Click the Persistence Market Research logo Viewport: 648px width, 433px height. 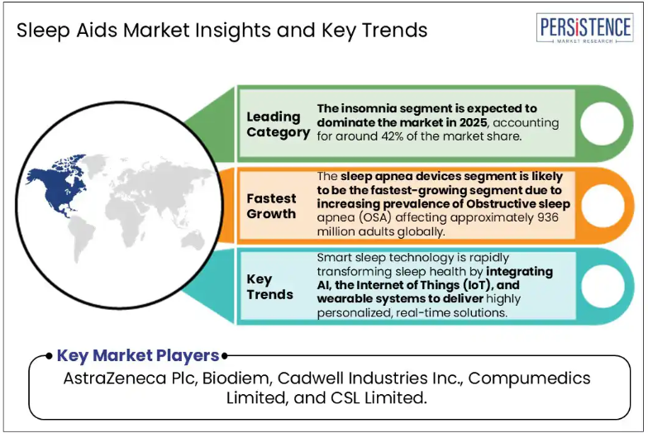(585, 28)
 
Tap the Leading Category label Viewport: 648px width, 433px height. (278, 124)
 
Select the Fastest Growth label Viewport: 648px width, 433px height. (271, 207)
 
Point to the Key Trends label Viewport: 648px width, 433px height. (269, 287)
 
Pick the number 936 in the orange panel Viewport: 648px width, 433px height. (547, 217)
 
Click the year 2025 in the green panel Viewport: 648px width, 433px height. (473, 122)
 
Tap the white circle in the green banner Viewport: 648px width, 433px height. (602, 123)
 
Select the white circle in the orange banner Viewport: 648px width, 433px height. (603, 205)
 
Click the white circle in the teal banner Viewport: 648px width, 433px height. (603, 286)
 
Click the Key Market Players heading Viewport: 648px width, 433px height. (137, 355)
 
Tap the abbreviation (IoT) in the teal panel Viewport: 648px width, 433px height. (476, 285)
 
